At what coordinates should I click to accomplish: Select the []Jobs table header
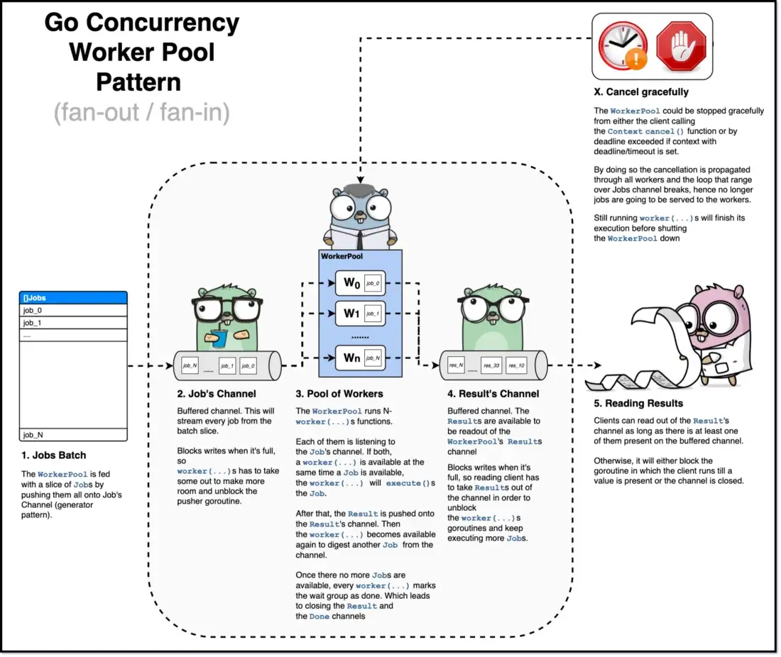click(x=73, y=298)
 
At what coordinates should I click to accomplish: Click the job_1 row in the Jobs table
click(x=73, y=323)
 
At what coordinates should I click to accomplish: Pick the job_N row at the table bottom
click(x=73, y=435)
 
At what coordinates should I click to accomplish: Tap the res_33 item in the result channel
click(x=491, y=366)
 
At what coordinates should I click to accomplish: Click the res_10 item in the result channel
click(x=516, y=366)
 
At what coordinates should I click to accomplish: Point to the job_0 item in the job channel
click(x=248, y=366)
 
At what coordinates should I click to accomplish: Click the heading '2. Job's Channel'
click(x=216, y=394)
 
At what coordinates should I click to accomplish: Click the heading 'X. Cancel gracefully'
click(x=641, y=92)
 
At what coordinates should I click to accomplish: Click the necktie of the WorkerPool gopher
click(x=361, y=237)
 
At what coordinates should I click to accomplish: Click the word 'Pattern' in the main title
click(x=138, y=82)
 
